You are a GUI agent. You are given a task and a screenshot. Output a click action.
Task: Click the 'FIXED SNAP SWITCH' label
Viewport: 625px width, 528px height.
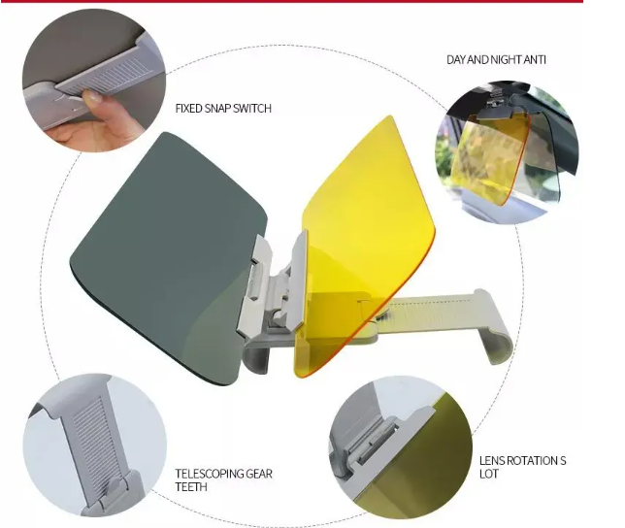pyautogui.click(x=223, y=109)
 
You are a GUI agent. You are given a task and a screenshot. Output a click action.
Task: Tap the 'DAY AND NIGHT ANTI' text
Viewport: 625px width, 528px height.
pyautogui.click(x=495, y=60)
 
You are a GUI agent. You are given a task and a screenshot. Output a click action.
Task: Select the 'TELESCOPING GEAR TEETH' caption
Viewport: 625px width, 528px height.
pyautogui.click(x=223, y=479)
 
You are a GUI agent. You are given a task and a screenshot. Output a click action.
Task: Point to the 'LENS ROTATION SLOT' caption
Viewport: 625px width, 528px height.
pyautogui.click(x=522, y=467)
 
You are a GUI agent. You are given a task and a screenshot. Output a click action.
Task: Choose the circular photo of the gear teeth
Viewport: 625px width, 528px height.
pyautogui.click(x=92, y=446)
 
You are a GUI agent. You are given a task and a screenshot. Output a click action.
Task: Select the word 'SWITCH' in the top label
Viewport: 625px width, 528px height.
pyautogui.click(x=250, y=109)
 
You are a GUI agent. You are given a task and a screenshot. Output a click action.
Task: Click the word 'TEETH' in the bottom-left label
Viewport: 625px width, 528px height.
pyautogui.click(x=192, y=486)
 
